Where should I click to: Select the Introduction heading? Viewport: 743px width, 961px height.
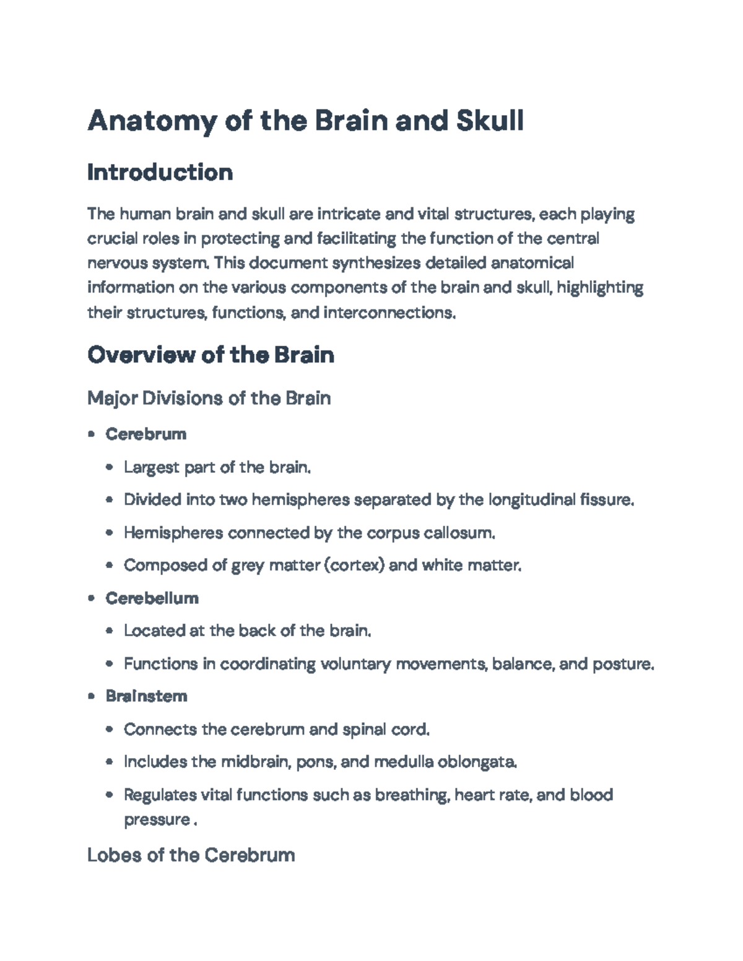160,172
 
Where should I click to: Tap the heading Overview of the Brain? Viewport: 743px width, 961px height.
211,355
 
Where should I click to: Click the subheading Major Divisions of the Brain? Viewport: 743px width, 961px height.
209,397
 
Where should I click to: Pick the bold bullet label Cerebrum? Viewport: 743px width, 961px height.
146,434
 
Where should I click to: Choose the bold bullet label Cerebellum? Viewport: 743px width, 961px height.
152,598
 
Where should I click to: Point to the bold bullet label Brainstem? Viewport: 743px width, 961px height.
146,696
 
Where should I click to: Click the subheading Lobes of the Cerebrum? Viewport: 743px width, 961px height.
191,855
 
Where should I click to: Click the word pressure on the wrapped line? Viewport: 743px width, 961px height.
156,820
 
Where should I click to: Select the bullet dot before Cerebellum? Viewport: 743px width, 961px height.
92,598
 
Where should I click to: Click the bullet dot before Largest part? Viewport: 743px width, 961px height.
110,467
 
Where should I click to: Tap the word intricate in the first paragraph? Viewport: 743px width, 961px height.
349,214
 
